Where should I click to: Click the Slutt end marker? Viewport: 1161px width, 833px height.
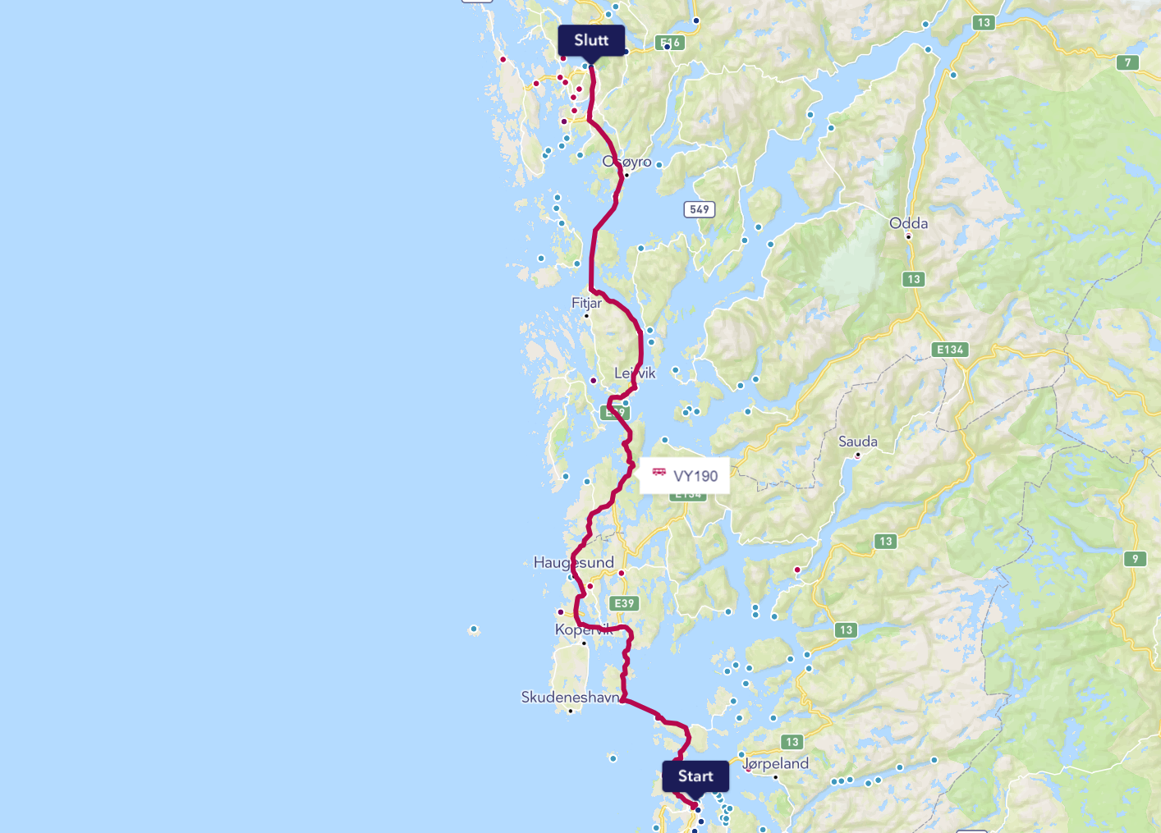[x=591, y=40]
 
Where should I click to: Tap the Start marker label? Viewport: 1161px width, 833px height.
[x=695, y=776]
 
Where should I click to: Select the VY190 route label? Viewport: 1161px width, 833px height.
[x=695, y=476]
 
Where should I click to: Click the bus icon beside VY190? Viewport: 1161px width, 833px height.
[x=659, y=472]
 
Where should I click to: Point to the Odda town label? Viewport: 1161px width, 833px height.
[x=909, y=223]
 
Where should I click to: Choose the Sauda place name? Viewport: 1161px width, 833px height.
[x=858, y=442]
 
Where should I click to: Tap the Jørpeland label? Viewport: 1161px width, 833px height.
[x=776, y=763]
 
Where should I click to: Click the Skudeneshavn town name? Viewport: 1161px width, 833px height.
[x=571, y=698]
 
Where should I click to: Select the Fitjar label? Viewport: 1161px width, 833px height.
[x=586, y=303]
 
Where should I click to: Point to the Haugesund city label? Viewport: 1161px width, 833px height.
[x=573, y=562]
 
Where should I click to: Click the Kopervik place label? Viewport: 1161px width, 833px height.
[x=583, y=629]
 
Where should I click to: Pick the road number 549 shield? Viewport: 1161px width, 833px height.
[x=700, y=209]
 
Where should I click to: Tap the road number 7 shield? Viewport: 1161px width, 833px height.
[x=1128, y=62]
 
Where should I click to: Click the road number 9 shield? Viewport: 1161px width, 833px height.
[x=1136, y=559]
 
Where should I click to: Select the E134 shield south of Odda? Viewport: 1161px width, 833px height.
[x=951, y=350]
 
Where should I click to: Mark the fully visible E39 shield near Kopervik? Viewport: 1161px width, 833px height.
[x=625, y=603]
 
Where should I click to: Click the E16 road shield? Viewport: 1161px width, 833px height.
[x=670, y=43]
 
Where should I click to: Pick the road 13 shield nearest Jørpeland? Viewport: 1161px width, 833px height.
[x=792, y=742]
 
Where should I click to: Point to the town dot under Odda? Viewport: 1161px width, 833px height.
[x=908, y=237]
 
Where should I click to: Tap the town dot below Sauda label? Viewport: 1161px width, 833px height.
[x=858, y=455]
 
